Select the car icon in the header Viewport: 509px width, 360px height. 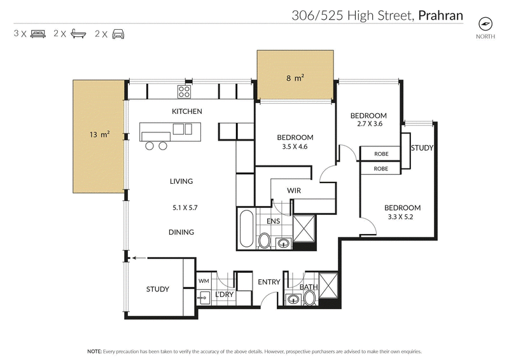[x=118, y=34]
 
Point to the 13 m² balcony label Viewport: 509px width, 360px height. [x=99, y=134]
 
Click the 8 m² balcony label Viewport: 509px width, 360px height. [x=295, y=78]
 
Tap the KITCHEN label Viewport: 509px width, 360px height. [x=187, y=111]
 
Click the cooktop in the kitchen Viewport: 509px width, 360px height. [x=185, y=92]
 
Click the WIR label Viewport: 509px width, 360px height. [x=294, y=190]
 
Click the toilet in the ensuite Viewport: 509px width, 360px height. [x=264, y=240]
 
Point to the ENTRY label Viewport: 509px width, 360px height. [x=269, y=282]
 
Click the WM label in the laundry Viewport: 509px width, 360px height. [x=204, y=280]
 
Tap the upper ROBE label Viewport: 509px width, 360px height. [x=381, y=153]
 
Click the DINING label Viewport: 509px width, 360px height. [x=181, y=232]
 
